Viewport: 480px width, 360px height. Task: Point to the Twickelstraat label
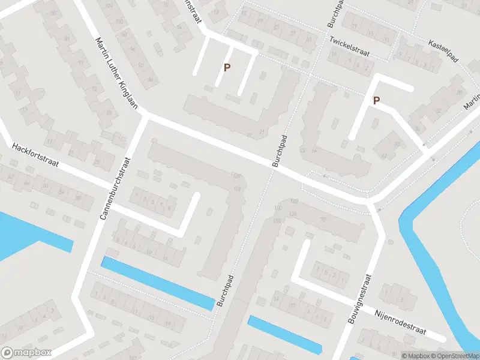[349, 47]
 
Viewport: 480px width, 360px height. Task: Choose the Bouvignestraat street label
[360, 299]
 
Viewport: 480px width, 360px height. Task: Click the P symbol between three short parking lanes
[227, 68]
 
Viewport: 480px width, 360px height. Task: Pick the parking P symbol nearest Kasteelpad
[376, 101]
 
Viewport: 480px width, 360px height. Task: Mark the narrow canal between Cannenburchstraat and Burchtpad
[158, 283]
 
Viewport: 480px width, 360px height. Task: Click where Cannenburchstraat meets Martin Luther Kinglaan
[144, 116]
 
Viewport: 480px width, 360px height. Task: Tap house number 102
[293, 202]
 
